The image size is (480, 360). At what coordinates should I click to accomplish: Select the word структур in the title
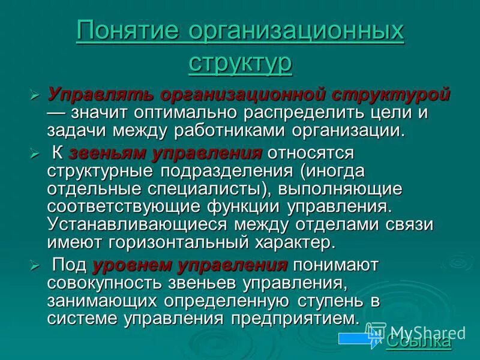240,62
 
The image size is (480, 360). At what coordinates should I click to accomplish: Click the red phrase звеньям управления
166,153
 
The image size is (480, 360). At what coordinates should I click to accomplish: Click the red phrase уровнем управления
190,265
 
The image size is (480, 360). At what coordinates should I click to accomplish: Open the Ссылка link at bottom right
418,342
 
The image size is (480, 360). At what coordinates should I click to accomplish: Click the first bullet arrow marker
35,96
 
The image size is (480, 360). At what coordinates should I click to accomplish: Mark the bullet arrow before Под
35,265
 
